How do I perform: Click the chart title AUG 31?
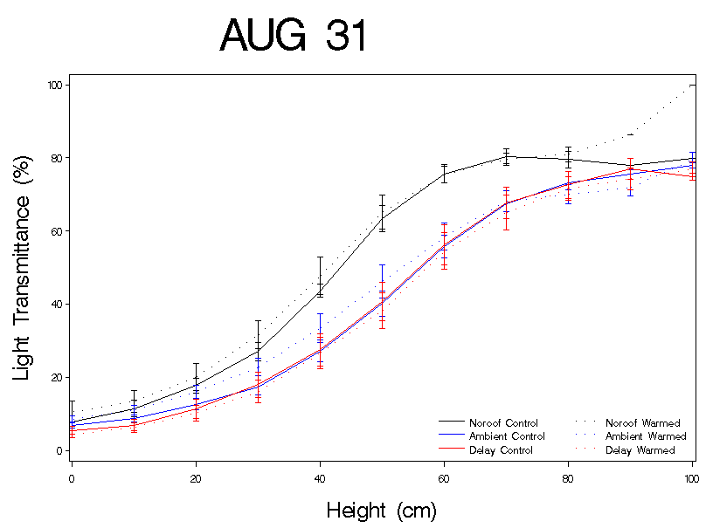[x=294, y=37]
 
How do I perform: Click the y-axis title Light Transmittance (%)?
[x=24, y=263]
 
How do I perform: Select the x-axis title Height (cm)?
[x=381, y=510]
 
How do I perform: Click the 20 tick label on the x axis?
[x=196, y=478]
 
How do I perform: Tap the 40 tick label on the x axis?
[x=320, y=478]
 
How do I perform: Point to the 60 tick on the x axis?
[x=444, y=478]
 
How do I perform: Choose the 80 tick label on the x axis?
[x=568, y=478]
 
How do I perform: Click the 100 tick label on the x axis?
[x=690, y=478]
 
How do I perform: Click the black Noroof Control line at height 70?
[x=506, y=157]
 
